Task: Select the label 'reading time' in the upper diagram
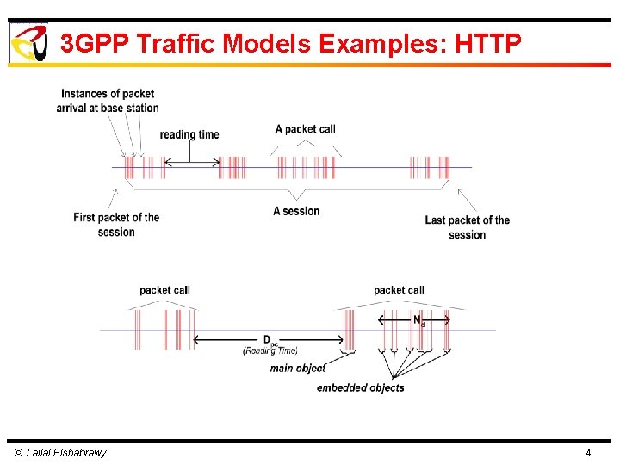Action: [189, 134]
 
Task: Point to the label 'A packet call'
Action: [305, 129]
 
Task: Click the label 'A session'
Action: [295, 211]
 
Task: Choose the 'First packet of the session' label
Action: [116, 224]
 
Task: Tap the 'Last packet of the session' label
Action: [467, 227]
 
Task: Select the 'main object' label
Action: [298, 369]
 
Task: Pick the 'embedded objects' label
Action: [360, 388]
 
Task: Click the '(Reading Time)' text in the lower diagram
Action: [270, 351]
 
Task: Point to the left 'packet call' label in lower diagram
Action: [164, 290]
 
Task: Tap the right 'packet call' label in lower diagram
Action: [399, 290]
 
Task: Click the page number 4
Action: [588, 453]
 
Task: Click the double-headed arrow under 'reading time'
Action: [190, 162]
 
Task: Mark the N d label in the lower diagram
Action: [418, 320]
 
